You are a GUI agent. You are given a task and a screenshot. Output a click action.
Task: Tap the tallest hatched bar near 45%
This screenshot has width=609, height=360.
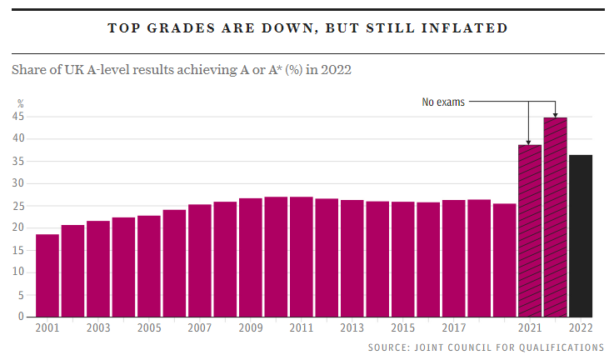(555, 217)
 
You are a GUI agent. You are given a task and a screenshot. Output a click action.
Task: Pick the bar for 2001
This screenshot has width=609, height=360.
(47, 275)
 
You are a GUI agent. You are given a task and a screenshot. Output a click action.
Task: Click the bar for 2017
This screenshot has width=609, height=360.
(453, 258)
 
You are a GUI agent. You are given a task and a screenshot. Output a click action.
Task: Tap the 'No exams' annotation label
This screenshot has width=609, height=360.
(443, 102)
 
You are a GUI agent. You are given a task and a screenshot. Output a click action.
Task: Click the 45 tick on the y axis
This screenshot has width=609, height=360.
(17, 117)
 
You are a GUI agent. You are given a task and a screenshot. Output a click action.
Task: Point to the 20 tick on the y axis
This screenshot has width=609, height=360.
(17, 227)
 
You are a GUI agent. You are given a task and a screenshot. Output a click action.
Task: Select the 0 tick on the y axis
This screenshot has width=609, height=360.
(21, 317)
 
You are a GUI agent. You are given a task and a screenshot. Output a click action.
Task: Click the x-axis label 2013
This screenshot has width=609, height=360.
(352, 328)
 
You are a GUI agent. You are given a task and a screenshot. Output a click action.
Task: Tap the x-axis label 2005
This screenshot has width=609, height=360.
(149, 328)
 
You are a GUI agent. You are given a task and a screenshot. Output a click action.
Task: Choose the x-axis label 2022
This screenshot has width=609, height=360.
(581, 328)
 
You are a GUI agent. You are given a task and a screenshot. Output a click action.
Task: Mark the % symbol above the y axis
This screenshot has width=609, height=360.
(21, 103)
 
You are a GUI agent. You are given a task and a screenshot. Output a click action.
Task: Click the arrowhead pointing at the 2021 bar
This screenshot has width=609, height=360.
(529, 142)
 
